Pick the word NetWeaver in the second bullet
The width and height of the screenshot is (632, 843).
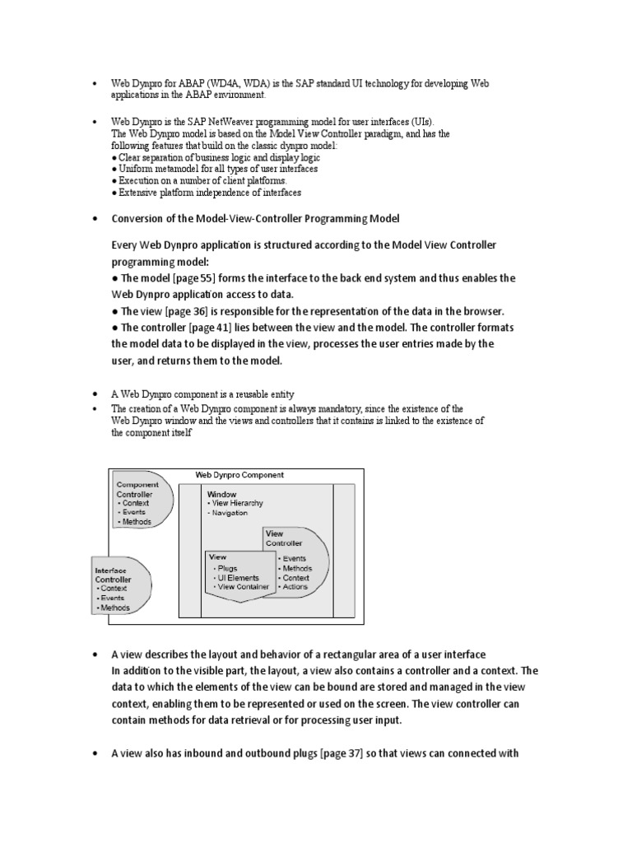pos(218,121)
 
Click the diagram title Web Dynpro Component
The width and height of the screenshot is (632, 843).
pos(239,475)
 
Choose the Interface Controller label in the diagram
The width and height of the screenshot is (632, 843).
pos(113,575)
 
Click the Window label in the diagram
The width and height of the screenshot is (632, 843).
pos(221,494)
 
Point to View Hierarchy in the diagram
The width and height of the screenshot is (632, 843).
pos(239,503)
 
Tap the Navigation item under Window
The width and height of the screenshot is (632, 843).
pos(231,513)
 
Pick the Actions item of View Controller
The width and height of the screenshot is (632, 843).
pos(295,586)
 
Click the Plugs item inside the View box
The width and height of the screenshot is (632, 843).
pos(227,568)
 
